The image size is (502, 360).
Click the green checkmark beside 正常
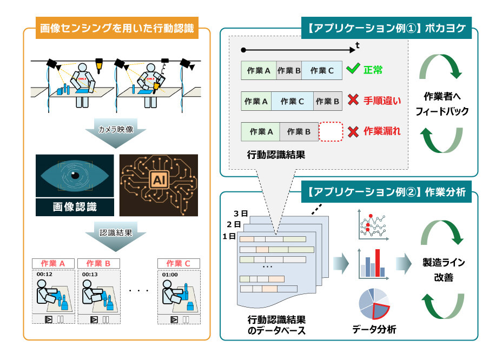(353, 69)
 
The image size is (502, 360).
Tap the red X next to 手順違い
(353, 101)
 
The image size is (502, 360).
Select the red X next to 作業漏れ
(353, 131)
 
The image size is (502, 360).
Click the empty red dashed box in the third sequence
(331, 131)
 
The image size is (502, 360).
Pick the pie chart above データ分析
(373, 304)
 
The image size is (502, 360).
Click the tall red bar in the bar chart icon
(377, 263)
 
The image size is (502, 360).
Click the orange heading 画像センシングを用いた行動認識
(116, 28)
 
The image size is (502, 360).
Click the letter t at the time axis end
(358, 45)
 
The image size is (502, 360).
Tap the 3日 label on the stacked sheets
(241, 214)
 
